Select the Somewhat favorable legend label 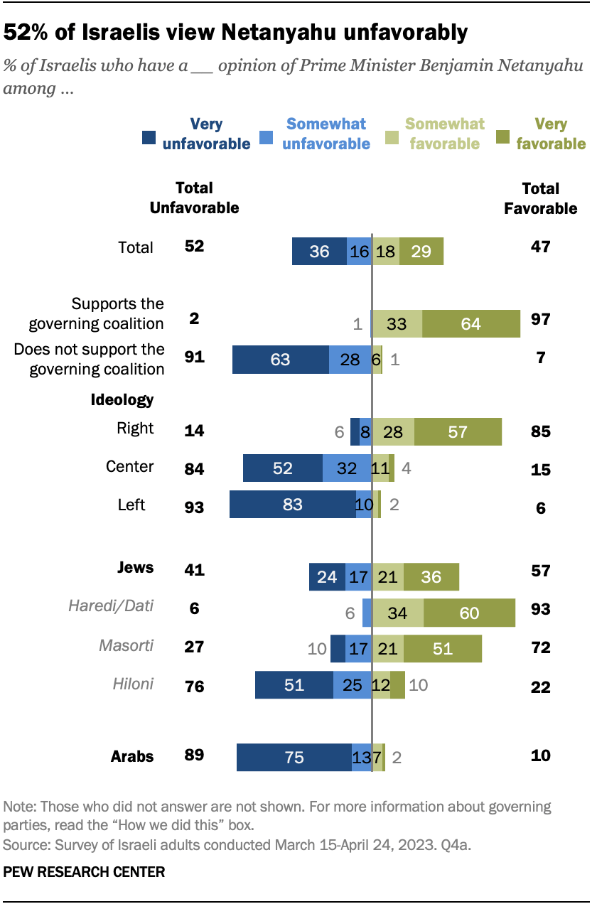(x=445, y=134)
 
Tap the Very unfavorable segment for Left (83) (x=292, y=505)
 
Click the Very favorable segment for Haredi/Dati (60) (x=469, y=613)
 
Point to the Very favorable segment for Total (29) (x=421, y=252)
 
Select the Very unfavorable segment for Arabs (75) (x=294, y=758)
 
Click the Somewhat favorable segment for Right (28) (x=393, y=431)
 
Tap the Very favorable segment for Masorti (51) (x=443, y=648)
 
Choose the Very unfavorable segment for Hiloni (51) (x=294, y=685)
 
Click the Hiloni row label (x=133, y=684)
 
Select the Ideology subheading (x=122, y=399)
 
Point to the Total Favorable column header (x=540, y=198)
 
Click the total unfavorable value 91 (x=193, y=357)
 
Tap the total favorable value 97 (x=540, y=318)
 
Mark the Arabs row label (x=132, y=755)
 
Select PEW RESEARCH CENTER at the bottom (x=84, y=871)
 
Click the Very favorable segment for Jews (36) (x=431, y=576)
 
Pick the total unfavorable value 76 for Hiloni (x=193, y=687)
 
